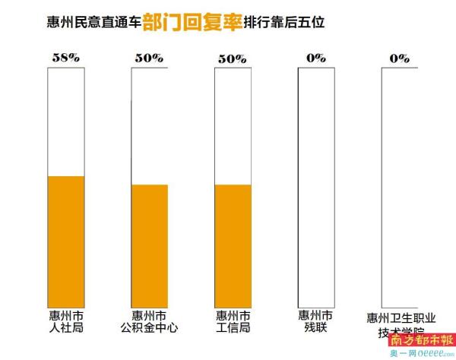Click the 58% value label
pos(65,58)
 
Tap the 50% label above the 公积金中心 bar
pos(148,58)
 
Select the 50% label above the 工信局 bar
pos(232,58)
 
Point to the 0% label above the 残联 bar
pos(315,58)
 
